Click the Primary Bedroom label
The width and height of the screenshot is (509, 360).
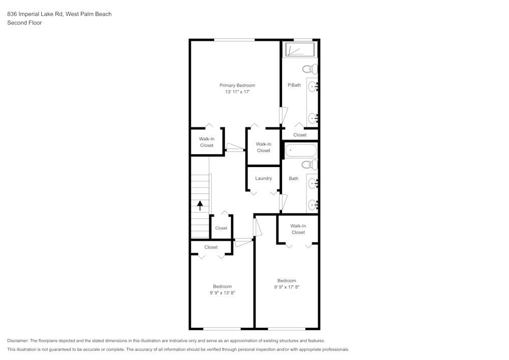[237, 86]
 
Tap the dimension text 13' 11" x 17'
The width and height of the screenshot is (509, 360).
[237, 92]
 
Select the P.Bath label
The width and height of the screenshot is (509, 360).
[294, 85]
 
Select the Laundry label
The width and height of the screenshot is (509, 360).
[264, 178]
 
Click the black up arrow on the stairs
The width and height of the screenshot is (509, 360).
[200, 205]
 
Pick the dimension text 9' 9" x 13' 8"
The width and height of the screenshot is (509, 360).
[222, 293]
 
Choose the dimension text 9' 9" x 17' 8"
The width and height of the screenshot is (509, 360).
[287, 287]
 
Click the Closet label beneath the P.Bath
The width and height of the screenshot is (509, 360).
[300, 135]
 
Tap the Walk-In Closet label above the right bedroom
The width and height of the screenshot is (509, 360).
[298, 229]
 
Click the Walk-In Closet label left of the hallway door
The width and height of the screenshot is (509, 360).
[207, 142]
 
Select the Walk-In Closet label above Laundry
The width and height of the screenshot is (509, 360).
[264, 147]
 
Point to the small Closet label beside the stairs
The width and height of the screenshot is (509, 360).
[221, 228]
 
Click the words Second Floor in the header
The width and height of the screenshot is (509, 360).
[24, 23]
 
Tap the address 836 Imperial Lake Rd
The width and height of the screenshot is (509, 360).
[35, 14]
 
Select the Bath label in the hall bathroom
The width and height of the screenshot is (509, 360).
[294, 179]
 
